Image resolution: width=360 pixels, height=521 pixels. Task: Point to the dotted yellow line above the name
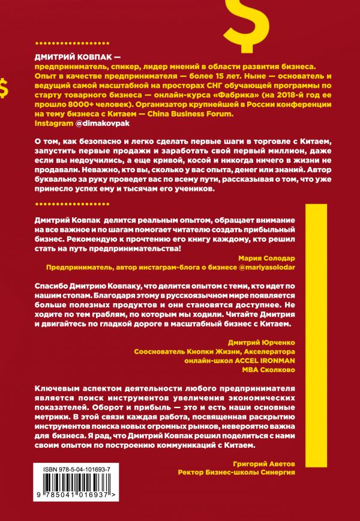point(79,43)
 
